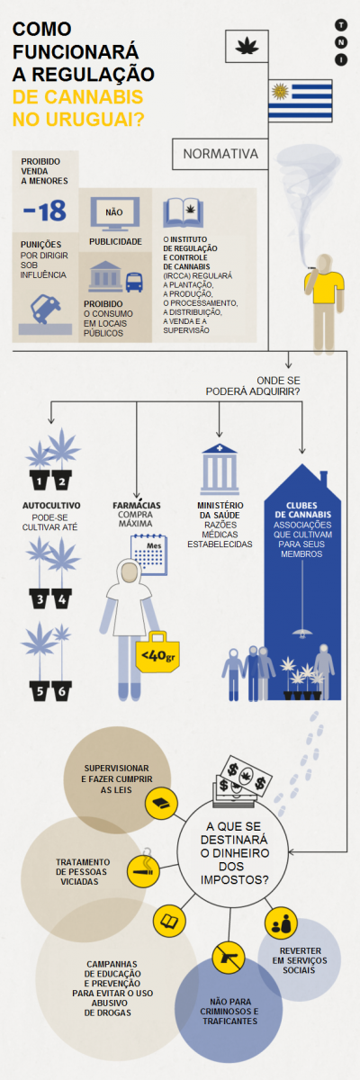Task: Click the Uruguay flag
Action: click(x=301, y=100)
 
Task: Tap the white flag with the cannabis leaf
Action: click(x=247, y=46)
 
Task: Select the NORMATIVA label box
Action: click(x=220, y=154)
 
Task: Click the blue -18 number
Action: click(x=45, y=211)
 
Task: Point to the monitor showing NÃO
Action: click(x=114, y=213)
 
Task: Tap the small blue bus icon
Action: click(x=134, y=283)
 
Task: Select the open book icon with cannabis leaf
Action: click(x=183, y=212)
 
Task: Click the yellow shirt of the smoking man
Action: click(x=324, y=287)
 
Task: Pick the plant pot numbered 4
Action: click(x=62, y=600)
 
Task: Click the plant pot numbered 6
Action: click(x=62, y=691)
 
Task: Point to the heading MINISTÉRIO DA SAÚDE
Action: click(x=220, y=510)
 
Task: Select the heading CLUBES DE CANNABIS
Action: click(x=302, y=510)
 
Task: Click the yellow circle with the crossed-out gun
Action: click(x=229, y=957)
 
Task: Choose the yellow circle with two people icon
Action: click(x=281, y=923)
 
